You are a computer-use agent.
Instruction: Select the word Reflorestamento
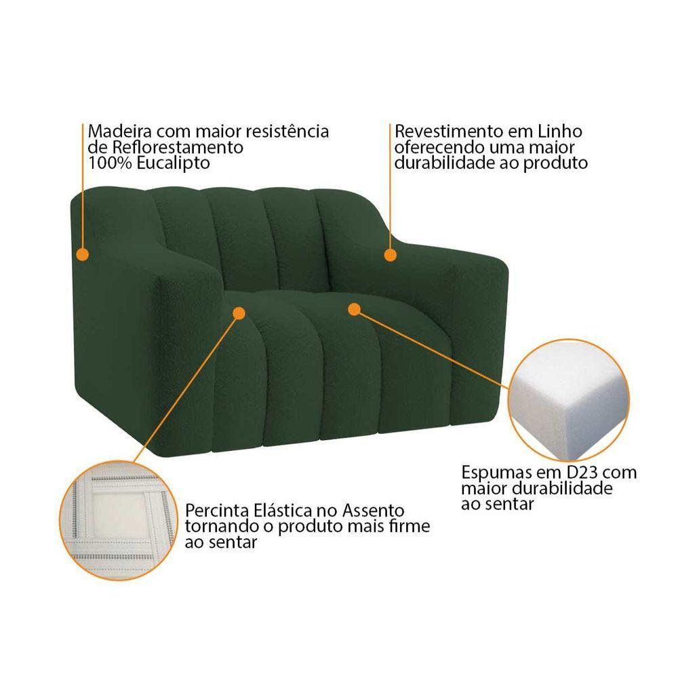[178, 147]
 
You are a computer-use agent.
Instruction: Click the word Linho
[560, 131]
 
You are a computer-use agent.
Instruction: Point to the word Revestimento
[450, 131]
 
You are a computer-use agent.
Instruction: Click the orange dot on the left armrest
[82, 254]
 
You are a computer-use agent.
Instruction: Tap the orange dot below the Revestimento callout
[390, 255]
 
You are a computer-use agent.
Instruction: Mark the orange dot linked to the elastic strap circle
[239, 313]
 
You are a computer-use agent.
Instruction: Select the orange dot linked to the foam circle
[354, 309]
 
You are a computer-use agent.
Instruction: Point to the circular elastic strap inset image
[119, 521]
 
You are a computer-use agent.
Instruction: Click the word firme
[410, 526]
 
